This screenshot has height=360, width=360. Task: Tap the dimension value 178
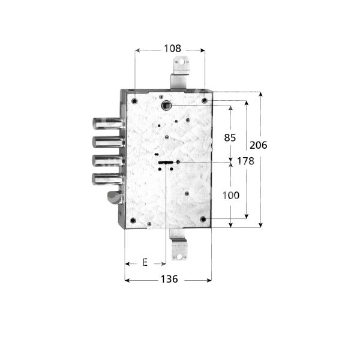click(246, 161)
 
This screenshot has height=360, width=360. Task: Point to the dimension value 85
click(230, 138)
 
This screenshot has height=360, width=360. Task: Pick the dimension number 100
click(230, 195)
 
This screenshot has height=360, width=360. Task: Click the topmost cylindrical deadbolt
click(107, 124)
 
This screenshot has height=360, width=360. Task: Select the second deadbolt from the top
click(107, 142)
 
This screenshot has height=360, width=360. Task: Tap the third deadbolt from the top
click(107, 160)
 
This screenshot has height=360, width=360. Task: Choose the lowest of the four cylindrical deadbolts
click(107, 178)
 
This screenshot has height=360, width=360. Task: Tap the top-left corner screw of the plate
click(134, 100)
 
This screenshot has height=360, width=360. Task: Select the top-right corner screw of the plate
click(204, 100)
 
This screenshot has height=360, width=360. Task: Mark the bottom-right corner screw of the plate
click(203, 220)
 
